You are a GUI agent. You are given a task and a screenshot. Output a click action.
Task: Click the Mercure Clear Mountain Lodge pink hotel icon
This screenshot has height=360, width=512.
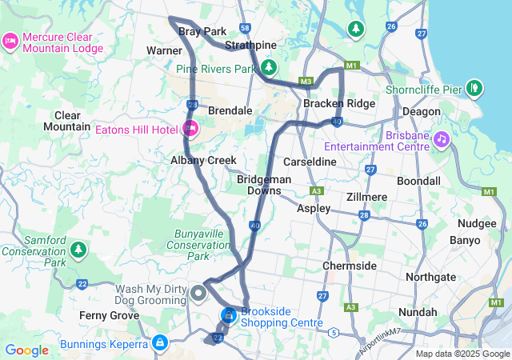10,40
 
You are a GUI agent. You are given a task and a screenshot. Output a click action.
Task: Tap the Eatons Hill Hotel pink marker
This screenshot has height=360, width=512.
190,128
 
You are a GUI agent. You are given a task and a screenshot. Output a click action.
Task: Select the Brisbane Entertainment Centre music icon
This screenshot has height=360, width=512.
441,140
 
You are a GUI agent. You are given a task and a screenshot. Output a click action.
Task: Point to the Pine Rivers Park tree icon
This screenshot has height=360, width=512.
270,66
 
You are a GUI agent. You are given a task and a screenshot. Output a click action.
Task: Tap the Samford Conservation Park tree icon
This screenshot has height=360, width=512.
78,250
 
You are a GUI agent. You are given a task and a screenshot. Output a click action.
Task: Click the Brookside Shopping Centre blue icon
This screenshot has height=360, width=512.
229,315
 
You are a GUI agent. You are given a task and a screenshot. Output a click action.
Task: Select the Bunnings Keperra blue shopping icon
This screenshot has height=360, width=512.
160,342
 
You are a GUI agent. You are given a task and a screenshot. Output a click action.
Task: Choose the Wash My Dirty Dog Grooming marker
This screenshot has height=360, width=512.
199,295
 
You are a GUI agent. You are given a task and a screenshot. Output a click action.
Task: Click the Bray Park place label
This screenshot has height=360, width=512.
202,31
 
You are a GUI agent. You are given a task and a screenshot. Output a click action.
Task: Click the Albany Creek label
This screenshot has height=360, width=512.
203,160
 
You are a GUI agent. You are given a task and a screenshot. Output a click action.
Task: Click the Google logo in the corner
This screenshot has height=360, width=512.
27,350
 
